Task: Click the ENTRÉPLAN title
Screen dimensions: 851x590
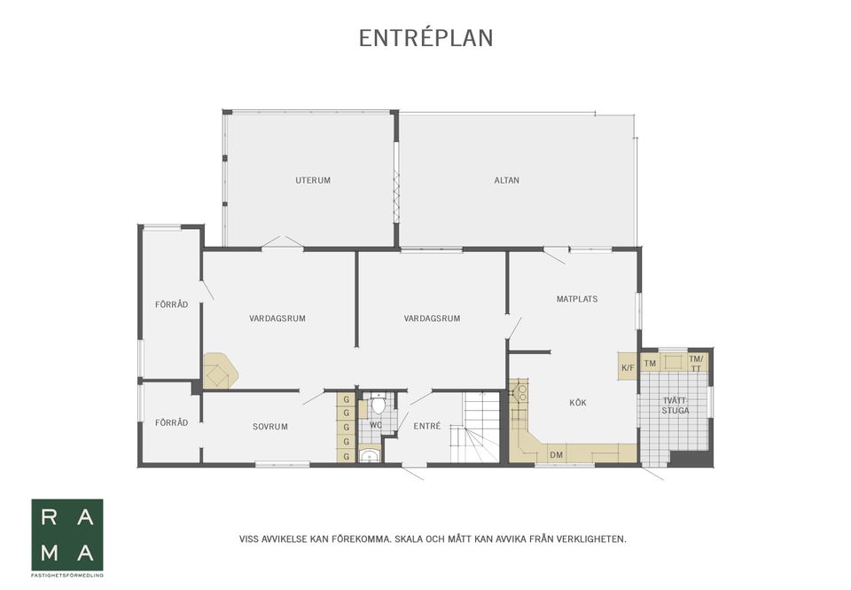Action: point(426,38)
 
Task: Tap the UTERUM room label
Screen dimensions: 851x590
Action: point(313,180)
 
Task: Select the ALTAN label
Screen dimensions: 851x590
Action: point(507,180)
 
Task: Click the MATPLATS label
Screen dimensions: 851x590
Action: point(577,299)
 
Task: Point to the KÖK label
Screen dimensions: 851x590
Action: point(578,403)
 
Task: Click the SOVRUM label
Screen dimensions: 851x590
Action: point(270,427)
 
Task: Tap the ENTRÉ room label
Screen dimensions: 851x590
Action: point(427,427)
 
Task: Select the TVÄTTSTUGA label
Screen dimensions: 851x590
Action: point(675,405)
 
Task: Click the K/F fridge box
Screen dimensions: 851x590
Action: point(628,366)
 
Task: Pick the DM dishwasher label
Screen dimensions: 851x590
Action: point(557,455)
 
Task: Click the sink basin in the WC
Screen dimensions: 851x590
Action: point(369,455)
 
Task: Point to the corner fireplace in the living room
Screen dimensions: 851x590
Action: point(220,371)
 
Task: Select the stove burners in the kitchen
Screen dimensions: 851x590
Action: point(521,391)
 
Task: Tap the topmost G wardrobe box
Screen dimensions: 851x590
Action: point(347,400)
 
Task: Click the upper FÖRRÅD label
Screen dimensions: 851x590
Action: point(171,305)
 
